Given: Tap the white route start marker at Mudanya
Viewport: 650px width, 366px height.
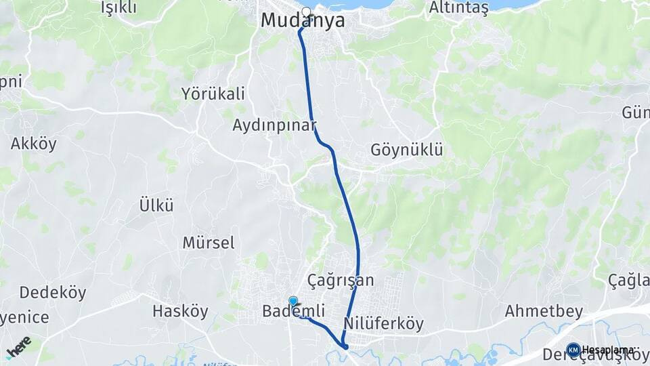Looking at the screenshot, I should pos(306,12).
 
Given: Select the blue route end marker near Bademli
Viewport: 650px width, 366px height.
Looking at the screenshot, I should pos(293,302).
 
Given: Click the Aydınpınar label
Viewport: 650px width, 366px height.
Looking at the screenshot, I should pos(274,125).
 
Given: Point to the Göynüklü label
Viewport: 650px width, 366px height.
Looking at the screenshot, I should pos(406,150).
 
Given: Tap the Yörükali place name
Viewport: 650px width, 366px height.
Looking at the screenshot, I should pos(213,94).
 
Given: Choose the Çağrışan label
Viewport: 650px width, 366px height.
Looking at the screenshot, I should pos(340,280).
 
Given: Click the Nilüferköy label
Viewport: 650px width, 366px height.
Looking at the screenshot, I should pos(383,323).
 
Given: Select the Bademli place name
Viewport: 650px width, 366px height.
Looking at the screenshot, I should pos(293,312).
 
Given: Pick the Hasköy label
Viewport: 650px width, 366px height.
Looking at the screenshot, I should pos(180,311).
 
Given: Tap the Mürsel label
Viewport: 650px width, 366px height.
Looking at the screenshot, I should pos(209,242).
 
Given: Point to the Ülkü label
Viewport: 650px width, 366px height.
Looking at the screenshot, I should pos(156,204).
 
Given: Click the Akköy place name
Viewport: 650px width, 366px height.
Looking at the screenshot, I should pos(33,144).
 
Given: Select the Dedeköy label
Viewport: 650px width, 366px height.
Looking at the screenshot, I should pos(53,293).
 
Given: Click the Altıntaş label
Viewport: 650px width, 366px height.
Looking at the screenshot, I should pos(458,8).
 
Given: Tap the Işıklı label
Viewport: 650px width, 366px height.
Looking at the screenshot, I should pos(118,7).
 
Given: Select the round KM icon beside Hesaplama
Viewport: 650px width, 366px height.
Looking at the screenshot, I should pos(573,350).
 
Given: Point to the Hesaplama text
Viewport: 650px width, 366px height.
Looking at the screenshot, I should pos(607,350).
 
